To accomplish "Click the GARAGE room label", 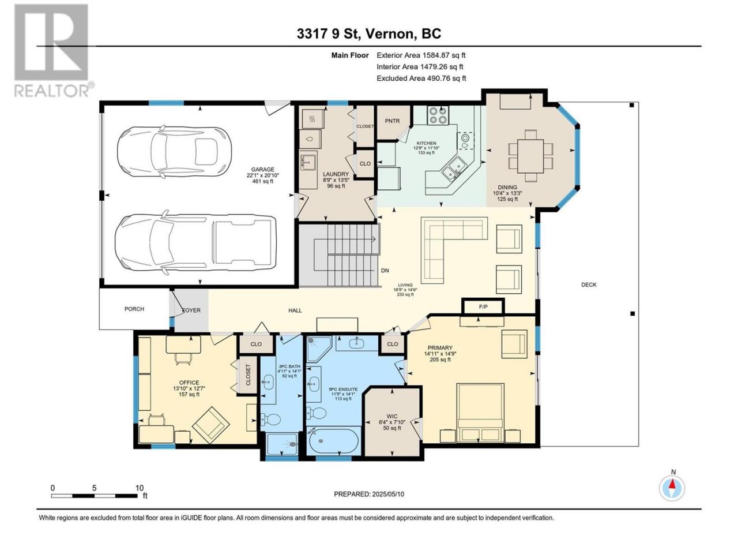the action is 262,169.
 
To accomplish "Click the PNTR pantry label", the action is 392,121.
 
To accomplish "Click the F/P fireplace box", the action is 483,307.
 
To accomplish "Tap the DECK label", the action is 589,285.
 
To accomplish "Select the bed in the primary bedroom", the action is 480,413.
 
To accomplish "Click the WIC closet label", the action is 392,417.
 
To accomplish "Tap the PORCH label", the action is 134,309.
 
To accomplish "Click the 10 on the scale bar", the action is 139,488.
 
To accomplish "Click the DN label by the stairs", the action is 385,270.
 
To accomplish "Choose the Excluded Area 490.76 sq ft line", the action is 421,78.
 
